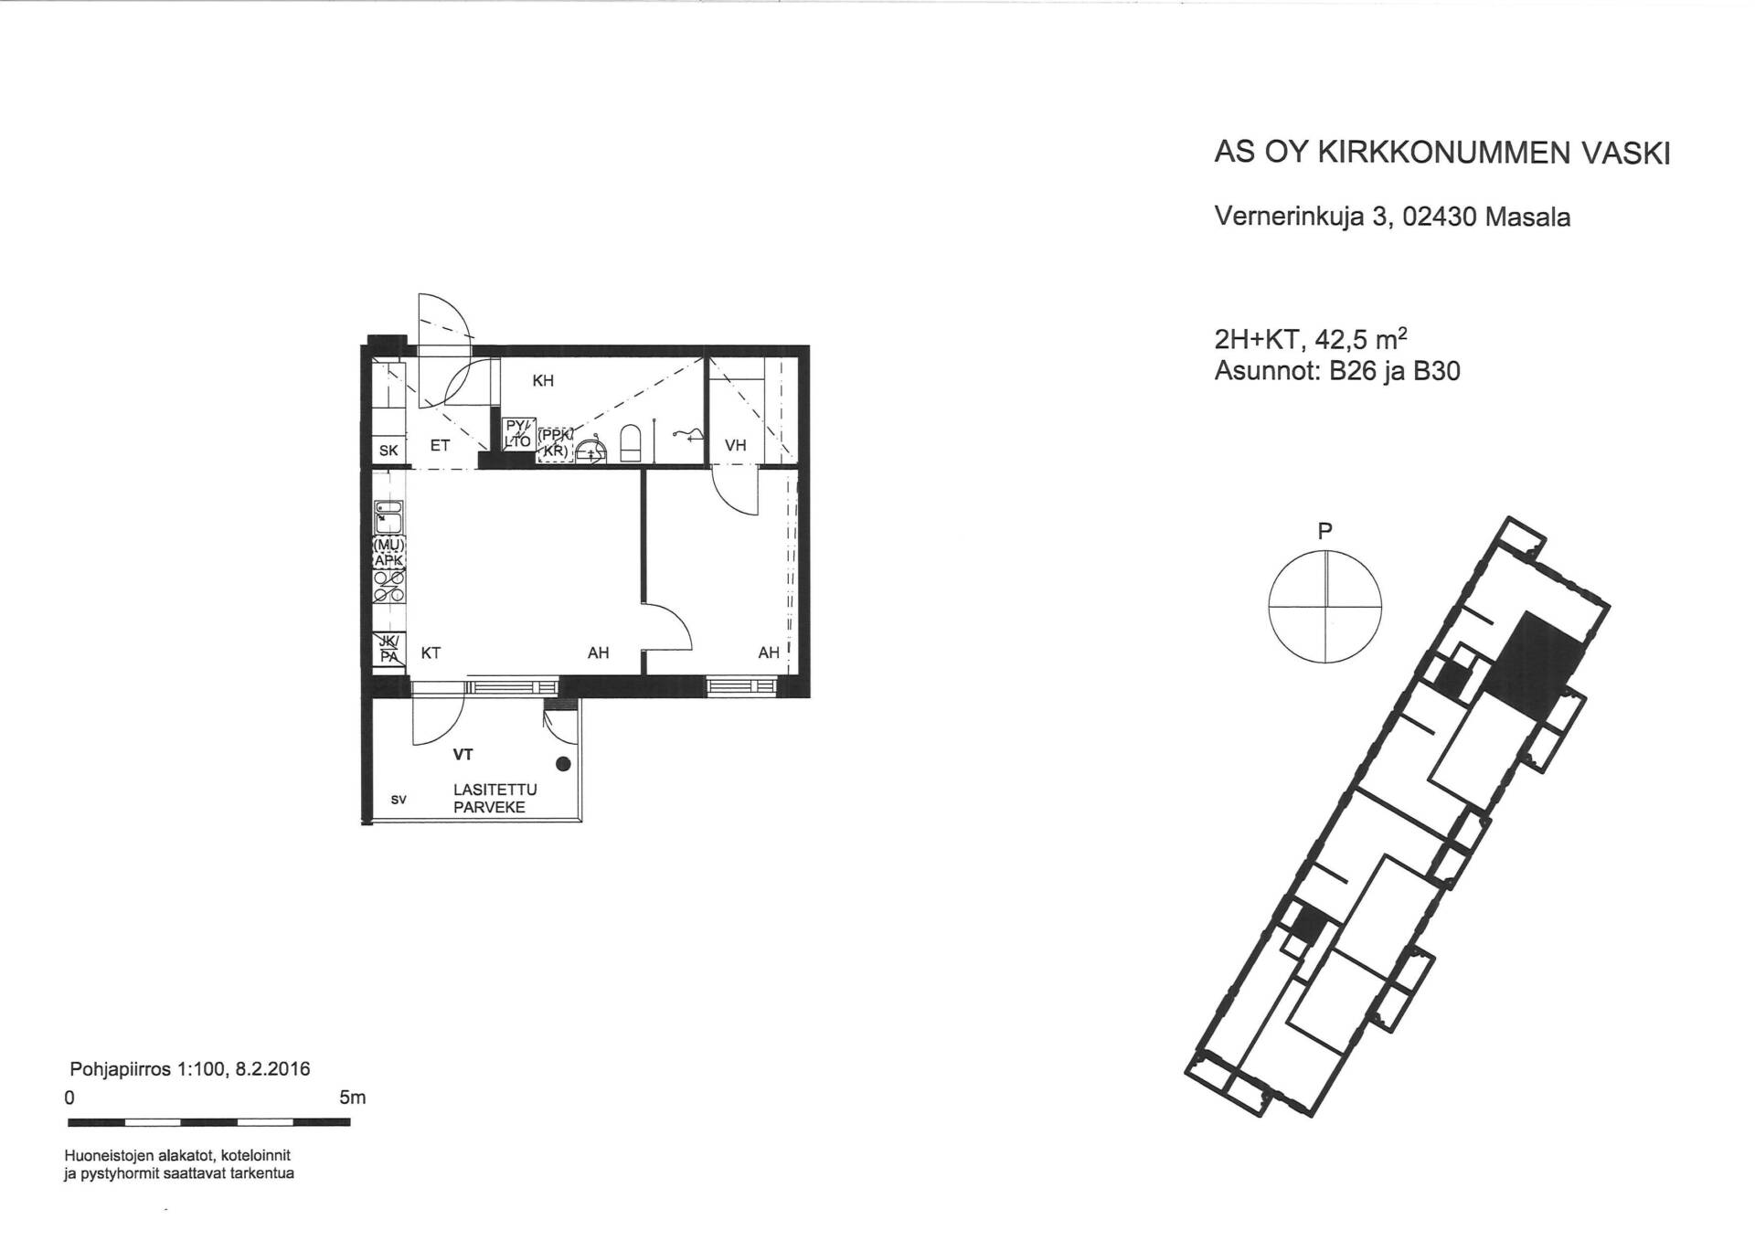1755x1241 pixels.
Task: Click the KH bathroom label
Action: (543, 380)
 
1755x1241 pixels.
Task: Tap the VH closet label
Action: (735, 445)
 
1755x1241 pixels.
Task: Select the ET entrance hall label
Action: (440, 446)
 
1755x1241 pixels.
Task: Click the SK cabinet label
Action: (388, 451)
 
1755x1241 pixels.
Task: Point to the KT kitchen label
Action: (431, 653)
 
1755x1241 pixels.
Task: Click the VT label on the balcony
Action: (463, 755)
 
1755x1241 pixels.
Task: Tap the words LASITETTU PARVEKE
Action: (495, 799)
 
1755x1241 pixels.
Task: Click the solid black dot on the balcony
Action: (563, 764)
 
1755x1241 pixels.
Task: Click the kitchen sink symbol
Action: (388, 517)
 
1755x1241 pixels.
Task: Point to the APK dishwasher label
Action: (388, 560)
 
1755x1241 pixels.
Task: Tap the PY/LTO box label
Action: (518, 433)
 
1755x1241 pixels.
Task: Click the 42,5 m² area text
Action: (1360, 339)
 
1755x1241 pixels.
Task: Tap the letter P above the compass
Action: (1324, 531)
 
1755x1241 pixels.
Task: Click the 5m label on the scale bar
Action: (352, 1098)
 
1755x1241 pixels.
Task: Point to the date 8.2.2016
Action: (272, 1069)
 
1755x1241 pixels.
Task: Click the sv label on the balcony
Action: (399, 800)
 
